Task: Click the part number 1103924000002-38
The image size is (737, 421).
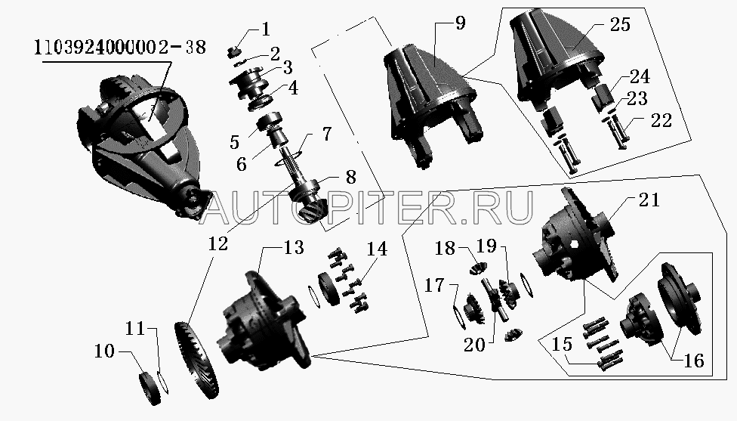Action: point(120,48)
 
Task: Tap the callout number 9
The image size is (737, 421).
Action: point(460,22)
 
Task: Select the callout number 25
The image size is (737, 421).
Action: point(620,24)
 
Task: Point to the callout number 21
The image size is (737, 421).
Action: point(649,200)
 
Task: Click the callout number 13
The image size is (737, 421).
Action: point(293,247)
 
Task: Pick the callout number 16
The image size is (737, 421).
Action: point(694,361)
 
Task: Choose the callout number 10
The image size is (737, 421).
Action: point(104,351)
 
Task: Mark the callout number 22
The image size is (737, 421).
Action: point(661,120)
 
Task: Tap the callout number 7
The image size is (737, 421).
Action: point(326,134)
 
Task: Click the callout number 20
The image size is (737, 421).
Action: point(474,345)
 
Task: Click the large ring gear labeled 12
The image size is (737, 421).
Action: point(196,359)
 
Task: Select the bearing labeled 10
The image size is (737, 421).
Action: point(150,388)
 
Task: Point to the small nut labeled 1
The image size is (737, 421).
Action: point(233,51)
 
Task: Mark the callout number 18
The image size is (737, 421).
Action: point(445,248)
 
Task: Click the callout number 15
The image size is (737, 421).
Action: point(562,344)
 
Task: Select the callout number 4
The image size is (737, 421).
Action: point(293,88)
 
